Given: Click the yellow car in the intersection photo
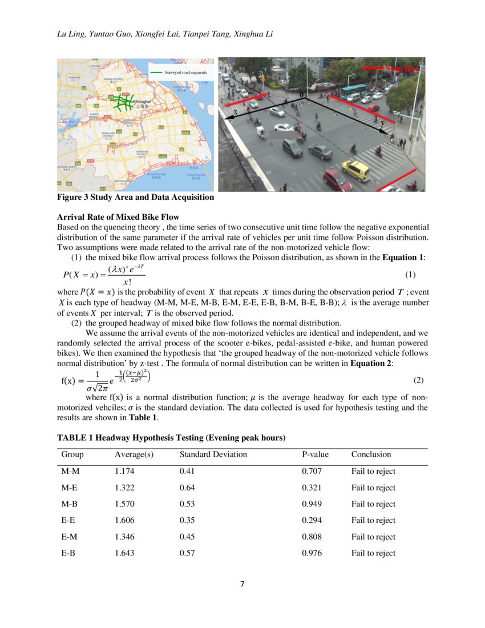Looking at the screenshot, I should [x=355, y=170].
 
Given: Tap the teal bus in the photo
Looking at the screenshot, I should [x=354, y=90].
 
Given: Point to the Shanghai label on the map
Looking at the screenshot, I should [x=141, y=102].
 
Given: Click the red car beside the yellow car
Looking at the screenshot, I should [x=337, y=179].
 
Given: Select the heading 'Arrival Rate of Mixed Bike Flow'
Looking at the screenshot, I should [x=118, y=217].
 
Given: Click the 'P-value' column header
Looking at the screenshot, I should [x=314, y=454].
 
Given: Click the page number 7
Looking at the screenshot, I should [x=242, y=584].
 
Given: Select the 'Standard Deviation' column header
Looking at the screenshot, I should [x=213, y=454].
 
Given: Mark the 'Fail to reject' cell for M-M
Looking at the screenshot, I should [x=373, y=471].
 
